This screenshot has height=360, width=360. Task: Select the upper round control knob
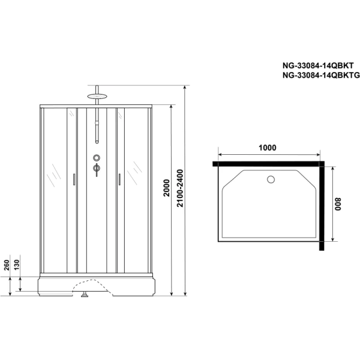tap(95, 158)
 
